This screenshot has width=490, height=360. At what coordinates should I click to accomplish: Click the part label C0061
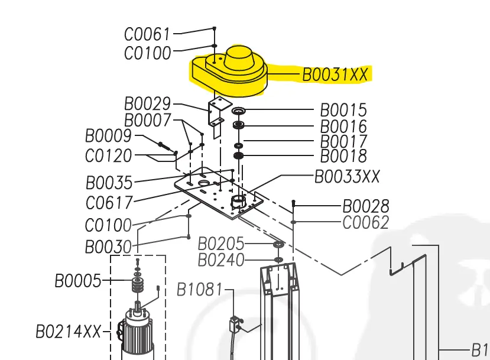click(x=147, y=34)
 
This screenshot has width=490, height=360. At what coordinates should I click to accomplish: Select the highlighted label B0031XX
click(x=335, y=74)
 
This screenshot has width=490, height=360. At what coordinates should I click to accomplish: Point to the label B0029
click(x=147, y=104)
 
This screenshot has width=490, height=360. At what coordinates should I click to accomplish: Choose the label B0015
click(x=343, y=111)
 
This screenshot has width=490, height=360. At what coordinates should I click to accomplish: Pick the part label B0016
click(x=343, y=127)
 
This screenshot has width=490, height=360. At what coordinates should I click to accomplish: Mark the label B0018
click(x=343, y=156)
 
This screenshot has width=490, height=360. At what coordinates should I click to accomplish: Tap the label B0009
click(x=108, y=137)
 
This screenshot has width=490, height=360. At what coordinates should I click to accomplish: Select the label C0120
click(x=108, y=156)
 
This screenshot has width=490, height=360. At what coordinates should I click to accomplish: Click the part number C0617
click(x=109, y=203)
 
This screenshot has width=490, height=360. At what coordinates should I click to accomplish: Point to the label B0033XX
click(x=346, y=176)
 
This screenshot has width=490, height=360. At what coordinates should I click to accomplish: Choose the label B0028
click(x=366, y=206)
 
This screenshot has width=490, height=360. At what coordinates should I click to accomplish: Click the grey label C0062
click(x=366, y=222)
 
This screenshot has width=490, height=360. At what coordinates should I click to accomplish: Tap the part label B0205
click(x=220, y=244)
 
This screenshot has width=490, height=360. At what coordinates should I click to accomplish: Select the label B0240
click(x=220, y=260)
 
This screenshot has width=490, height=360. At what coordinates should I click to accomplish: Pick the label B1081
click(x=200, y=290)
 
